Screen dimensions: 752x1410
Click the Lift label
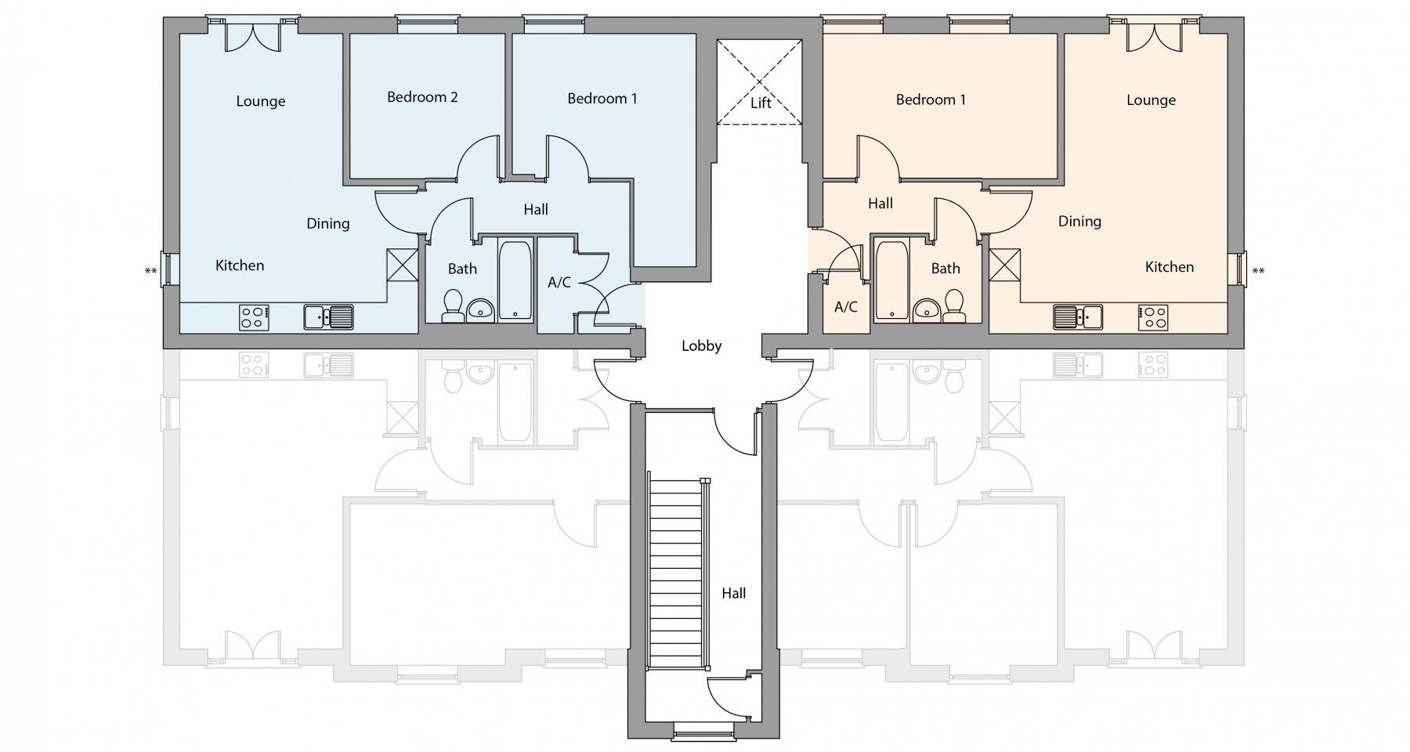760,103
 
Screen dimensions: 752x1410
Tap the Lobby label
701,345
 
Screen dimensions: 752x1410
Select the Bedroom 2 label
422,97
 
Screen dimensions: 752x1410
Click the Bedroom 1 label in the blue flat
602,98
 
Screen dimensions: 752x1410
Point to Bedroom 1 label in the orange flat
931,99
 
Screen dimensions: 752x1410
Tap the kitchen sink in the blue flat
329,316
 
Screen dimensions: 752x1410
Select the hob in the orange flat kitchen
1153,316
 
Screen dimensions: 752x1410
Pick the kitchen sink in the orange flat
1078,316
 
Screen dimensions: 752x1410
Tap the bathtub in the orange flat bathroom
892,280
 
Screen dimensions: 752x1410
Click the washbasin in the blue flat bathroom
480,311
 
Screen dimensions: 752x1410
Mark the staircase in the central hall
678,572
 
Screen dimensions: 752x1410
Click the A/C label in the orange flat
846,307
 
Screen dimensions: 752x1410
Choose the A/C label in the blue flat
559,283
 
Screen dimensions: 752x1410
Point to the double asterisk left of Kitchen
151,272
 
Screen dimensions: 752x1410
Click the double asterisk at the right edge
1258,272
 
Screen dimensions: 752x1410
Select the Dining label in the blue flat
327,224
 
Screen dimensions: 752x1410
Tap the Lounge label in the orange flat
1151,100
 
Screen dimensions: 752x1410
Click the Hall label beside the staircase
733,594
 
